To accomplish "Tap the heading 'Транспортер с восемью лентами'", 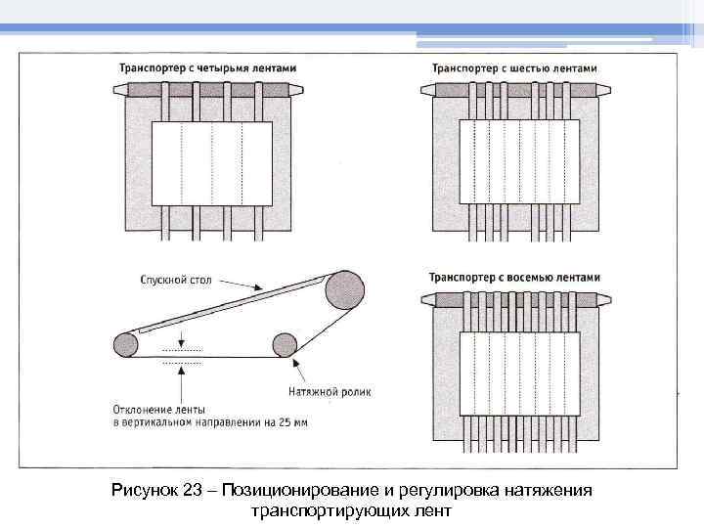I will point(514,277).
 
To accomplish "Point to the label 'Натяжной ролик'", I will point(330,392).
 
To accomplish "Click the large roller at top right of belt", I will point(346,289).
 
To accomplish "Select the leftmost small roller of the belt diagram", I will point(126,344).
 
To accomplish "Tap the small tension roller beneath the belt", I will point(285,344).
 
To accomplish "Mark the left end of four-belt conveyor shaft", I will point(119,89).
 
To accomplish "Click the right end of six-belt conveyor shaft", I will point(603,89).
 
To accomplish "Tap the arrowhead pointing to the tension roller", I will point(293,366).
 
